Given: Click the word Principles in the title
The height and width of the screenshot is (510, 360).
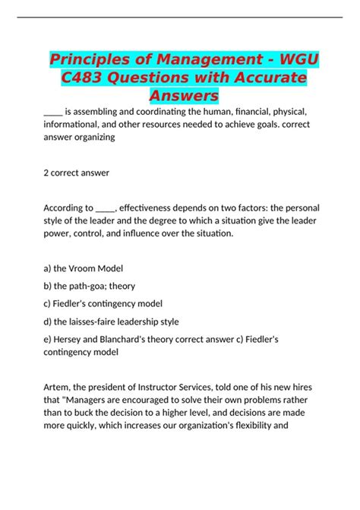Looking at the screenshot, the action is click(x=93, y=60).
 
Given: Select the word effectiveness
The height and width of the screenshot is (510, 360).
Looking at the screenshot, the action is click(x=156, y=207).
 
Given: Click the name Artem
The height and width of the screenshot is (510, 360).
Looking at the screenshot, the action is click(x=60, y=391).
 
